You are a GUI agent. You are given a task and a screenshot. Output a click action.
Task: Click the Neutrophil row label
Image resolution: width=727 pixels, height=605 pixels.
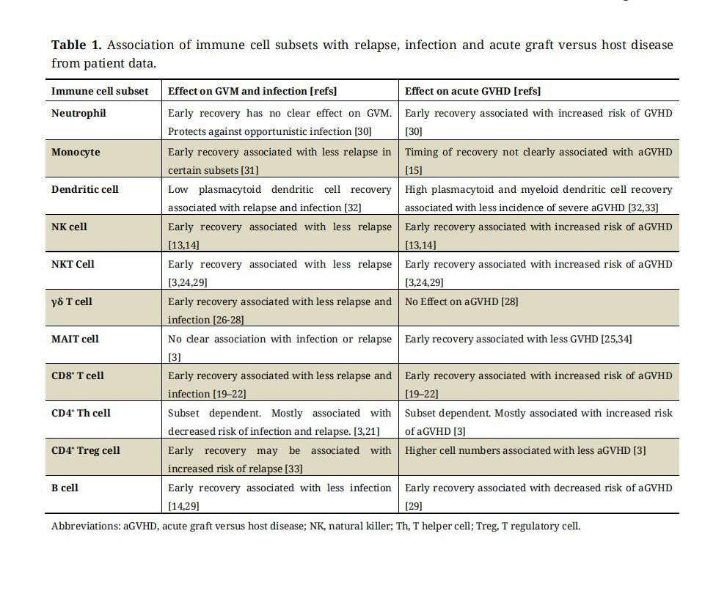(78, 114)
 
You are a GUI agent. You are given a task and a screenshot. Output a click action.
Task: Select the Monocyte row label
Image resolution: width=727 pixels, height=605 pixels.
(76, 153)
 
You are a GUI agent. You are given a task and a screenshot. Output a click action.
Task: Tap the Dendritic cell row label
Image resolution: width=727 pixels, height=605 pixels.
(84, 189)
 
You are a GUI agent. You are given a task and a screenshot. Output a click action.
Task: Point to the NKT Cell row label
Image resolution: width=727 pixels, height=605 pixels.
(73, 264)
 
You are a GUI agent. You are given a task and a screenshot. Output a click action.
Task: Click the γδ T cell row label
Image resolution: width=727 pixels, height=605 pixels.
(71, 301)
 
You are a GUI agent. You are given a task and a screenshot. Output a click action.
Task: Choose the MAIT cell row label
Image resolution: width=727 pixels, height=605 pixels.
(75, 339)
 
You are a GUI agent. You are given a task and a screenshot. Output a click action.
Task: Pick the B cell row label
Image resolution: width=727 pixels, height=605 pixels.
(65, 488)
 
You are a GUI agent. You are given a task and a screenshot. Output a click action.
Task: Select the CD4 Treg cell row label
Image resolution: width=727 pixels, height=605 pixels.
(85, 450)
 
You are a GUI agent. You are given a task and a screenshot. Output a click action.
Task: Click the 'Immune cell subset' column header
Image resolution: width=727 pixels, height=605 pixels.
(100, 91)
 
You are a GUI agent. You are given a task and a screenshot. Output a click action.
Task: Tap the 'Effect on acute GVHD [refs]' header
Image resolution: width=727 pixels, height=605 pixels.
(472, 91)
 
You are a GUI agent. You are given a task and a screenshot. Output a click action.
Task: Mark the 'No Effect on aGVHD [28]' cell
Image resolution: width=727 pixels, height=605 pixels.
(461, 301)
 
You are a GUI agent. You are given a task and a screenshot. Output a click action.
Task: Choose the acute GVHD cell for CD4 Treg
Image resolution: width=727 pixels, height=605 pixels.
(525, 450)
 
